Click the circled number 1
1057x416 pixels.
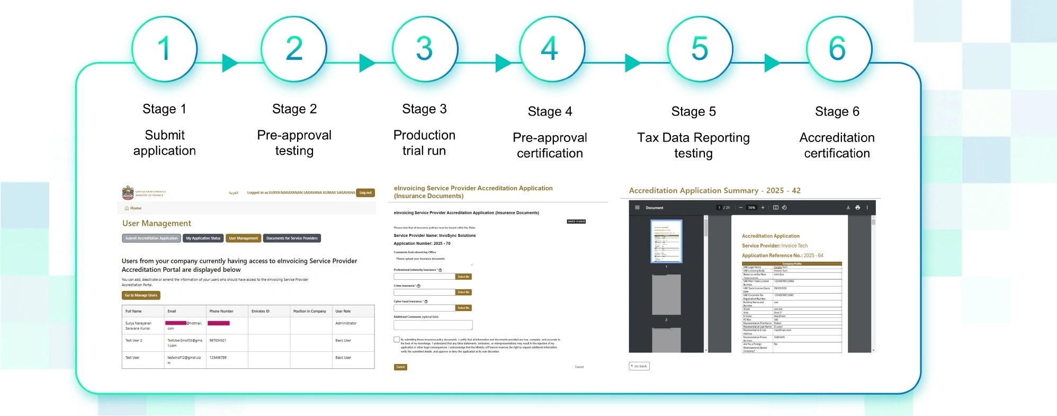(164, 49)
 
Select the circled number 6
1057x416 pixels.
(838, 49)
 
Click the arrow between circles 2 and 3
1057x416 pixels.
(366, 63)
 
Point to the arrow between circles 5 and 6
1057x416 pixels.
(772, 63)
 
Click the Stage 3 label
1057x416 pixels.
(424, 109)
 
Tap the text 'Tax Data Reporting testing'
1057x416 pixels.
(693, 145)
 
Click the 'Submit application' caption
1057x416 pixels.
(164, 143)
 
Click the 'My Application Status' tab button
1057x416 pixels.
(203, 238)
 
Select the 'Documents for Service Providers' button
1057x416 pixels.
(292, 238)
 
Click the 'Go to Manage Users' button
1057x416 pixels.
(141, 295)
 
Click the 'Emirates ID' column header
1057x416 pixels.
(260, 311)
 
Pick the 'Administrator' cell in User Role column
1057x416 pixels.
(346, 323)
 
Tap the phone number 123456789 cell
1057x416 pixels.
(218, 358)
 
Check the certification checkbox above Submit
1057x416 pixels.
(397, 340)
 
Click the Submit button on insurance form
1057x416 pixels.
(400, 367)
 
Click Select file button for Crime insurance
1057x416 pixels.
(463, 292)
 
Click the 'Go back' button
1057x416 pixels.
(639, 366)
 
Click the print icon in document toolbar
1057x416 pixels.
(857, 208)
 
